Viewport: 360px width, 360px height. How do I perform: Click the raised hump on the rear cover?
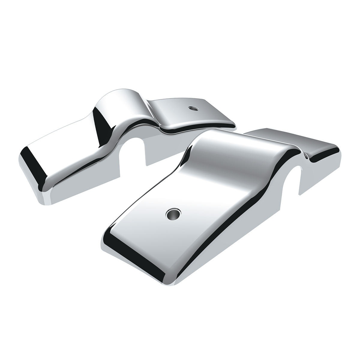120,99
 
